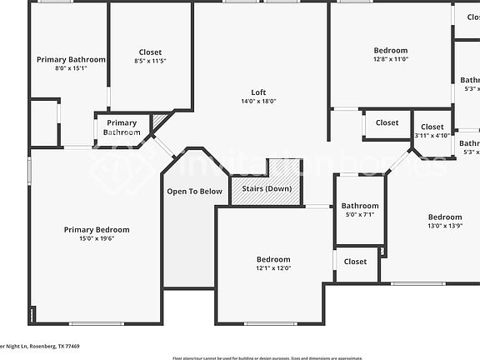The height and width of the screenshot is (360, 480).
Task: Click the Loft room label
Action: point(258,92)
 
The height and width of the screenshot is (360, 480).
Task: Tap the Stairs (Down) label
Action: point(267,189)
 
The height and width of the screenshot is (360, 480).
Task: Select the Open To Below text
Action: point(194,192)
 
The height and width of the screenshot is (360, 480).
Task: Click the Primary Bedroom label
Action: point(97,229)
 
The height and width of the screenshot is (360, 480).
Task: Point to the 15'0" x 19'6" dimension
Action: point(97,238)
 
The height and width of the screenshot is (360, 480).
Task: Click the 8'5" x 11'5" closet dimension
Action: point(150,62)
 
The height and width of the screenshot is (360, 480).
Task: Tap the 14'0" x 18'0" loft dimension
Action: point(258,101)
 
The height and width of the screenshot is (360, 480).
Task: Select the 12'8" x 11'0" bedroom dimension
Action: point(390,59)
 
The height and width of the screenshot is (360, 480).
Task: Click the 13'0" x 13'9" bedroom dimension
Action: point(444,226)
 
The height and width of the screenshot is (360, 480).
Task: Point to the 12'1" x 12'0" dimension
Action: point(273,268)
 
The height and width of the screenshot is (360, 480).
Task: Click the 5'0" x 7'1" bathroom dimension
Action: point(360,214)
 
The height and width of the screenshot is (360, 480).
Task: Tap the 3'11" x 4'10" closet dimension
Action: point(432,135)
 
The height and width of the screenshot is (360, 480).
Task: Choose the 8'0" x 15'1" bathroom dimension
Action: point(71,68)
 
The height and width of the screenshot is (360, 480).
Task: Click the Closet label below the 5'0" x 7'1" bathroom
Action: point(355,262)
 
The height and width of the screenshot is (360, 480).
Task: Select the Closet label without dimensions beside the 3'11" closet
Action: point(387,122)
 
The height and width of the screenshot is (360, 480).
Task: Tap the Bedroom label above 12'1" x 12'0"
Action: point(273,259)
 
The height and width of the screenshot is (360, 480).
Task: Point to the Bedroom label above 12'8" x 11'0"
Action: point(390,51)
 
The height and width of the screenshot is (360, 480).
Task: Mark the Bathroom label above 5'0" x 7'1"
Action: point(360,206)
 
